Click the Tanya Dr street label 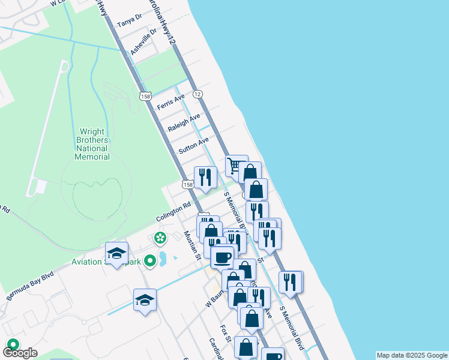click(x=129, y=22)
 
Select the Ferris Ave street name click(x=170, y=102)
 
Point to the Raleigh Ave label click(x=183, y=122)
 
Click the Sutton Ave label click(x=193, y=145)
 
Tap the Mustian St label click(x=192, y=245)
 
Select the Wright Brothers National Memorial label click(x=92, y=144)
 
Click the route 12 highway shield click(x=197, y=94)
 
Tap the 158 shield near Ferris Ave click(x=144, y=96)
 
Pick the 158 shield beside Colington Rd click(x=188, y=185)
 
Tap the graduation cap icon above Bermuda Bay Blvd click(x=116, y=252)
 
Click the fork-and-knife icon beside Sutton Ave click(x=205, y=177)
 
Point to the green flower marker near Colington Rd click(x=160, y=238)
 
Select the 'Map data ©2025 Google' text click(x=412, y=355)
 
